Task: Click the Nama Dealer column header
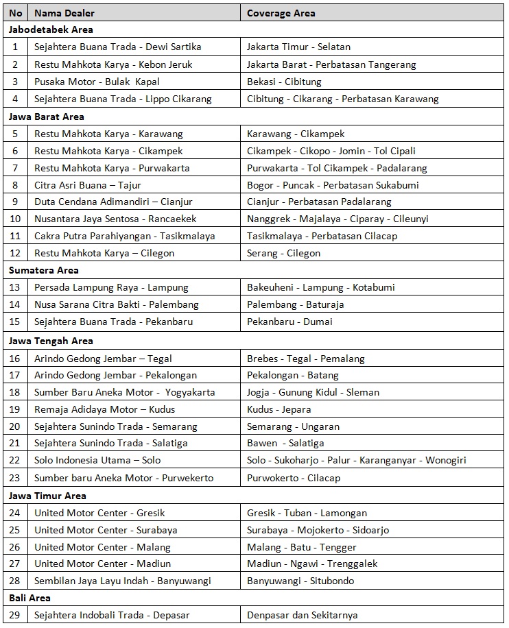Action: [x=64, y=13]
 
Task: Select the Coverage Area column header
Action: [x=281, y=13]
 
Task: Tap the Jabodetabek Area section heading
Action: [x=51, y=30]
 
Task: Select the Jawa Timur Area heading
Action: [x=47, y=496]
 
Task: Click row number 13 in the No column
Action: [x=15, y=287]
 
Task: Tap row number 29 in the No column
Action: [x=15, y=615]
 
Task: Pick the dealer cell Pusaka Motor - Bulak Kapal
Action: [x=97, y=82]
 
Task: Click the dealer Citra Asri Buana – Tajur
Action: [x=87, y=185]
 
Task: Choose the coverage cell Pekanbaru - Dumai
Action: [x=289, y=322]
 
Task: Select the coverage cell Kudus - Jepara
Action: [x=279, y=409]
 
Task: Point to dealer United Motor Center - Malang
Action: [x=102, y=547]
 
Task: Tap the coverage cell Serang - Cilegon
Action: [x=283, y=253]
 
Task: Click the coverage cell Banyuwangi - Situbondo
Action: [x=301, y=581]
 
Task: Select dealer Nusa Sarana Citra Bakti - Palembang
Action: [x=117, y=304]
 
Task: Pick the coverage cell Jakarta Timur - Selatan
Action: [x=298, y=47]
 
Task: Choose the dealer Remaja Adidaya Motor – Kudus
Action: [x=104, y=409]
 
